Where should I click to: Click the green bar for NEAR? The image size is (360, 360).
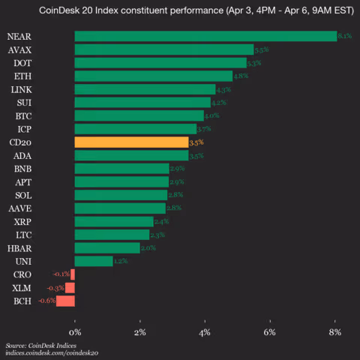click(205, 36)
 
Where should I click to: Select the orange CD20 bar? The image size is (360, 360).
click(131, 142)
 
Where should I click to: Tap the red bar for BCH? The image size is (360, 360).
click(66, 301)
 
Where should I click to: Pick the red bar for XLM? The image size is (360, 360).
click(70, 287)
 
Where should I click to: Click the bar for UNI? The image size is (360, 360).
click(94, 261)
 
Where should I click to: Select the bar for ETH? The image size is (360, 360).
click(154, 76)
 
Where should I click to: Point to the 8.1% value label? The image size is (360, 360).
click(345, 36)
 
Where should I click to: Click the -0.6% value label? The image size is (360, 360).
click(46, 301)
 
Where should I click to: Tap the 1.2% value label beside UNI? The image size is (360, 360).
click(121, 261)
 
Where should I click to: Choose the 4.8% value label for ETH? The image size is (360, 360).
click(241, 76)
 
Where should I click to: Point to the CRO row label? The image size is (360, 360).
click(22, 274)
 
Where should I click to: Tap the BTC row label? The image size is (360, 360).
click(22, 115)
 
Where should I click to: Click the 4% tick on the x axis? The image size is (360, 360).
click(205, 331)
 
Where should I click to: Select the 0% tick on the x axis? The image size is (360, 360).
click(75, 331)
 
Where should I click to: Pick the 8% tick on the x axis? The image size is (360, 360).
click(335, 331)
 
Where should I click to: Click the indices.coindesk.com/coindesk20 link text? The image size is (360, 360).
click(52, 352)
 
